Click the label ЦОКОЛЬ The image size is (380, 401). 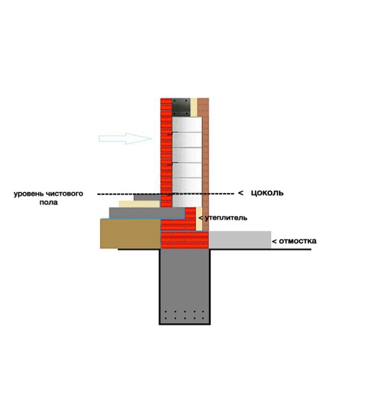coord(267,193)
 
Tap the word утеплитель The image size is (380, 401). coord(226,218)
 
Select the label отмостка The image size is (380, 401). coord(297,241)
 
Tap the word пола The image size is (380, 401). coord(48,203)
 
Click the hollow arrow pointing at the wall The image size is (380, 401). coord(125,138)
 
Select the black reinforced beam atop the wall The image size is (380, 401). coord(181,107)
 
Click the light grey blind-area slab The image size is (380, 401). coord(240,240)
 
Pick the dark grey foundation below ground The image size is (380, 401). coord(185,287)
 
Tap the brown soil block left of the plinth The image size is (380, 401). coord(130,234)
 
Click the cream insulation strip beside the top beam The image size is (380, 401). coord(194,107)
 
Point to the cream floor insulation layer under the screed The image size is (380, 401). coord(139,204)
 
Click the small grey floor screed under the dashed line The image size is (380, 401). coord(147,197)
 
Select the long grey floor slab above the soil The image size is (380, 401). coord(147,213)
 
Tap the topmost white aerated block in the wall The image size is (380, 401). coord(187,125)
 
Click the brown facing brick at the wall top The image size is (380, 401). coord(203,107)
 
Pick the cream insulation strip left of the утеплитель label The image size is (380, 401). coord(199,219)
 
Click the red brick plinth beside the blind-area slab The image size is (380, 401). coord(184,240)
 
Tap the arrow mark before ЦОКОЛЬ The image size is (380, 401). coord(240,193)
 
